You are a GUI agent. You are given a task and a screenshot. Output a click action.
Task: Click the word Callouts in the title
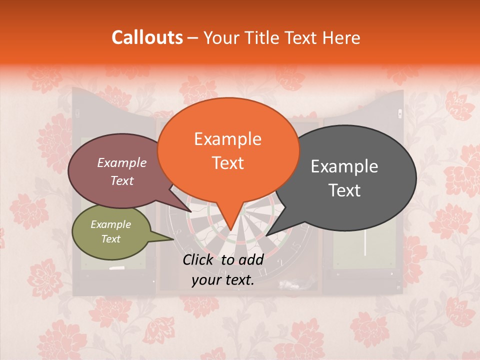[147, 37]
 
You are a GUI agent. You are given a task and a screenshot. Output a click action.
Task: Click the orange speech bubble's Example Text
[227, 151]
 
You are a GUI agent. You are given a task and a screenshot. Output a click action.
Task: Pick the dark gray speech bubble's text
[344, 178]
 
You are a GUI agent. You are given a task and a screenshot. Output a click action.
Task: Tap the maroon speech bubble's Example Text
[122, 171]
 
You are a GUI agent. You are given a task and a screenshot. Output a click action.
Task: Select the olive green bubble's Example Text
[111, 231]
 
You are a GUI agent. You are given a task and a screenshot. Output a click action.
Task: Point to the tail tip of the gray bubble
[267, 235]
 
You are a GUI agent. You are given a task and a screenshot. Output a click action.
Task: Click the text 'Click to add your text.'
[223, 270]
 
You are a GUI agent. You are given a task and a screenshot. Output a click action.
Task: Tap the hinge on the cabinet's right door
[399, 113]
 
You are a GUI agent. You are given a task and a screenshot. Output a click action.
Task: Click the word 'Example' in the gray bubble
[344, 166]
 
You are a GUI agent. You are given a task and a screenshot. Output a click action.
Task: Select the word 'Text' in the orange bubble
[228, 163]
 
